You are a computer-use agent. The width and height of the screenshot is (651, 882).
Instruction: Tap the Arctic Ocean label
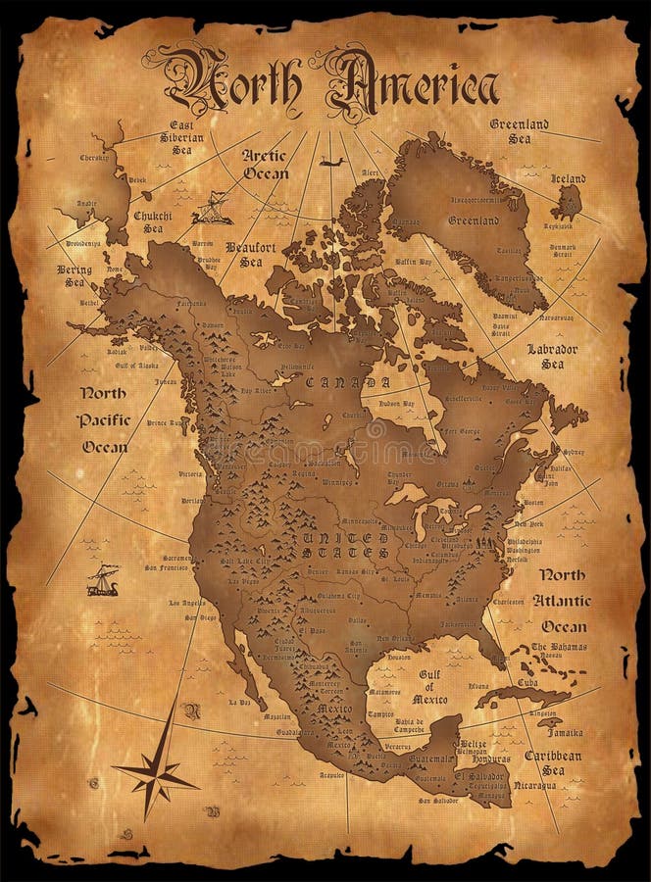click(265, 164)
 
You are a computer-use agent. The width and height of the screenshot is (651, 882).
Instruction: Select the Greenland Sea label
click(520, 131)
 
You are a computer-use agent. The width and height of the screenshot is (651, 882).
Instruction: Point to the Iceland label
click(568, 178)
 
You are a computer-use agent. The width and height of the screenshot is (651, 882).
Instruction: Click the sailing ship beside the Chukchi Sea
click(212, 208)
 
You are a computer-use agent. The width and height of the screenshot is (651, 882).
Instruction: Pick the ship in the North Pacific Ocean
click(102, 581)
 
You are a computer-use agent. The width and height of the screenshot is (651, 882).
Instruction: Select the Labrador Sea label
click(552, 356)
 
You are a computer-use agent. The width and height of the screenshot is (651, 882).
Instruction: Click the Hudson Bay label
click(396, 404)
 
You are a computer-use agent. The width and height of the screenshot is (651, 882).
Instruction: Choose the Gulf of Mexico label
click(432, 687)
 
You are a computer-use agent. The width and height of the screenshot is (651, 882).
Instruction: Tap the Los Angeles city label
click(187, 602)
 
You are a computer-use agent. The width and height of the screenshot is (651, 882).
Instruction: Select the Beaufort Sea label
click(243, 254)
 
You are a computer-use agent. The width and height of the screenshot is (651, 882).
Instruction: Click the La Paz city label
click(239, 702)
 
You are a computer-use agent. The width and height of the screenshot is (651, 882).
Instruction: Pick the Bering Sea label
click(75, 275)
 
